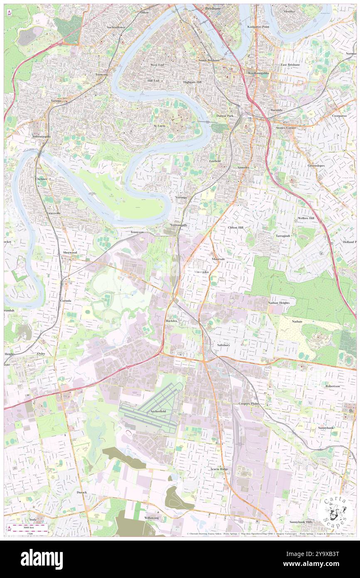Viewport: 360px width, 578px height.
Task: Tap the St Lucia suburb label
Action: (160, 125)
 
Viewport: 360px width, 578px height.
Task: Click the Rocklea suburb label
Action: (173, 321)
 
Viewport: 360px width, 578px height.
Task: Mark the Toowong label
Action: (101, 74)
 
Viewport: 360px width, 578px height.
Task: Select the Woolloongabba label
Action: (259, 73)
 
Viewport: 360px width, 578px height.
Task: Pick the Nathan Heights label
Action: (279, 303)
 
